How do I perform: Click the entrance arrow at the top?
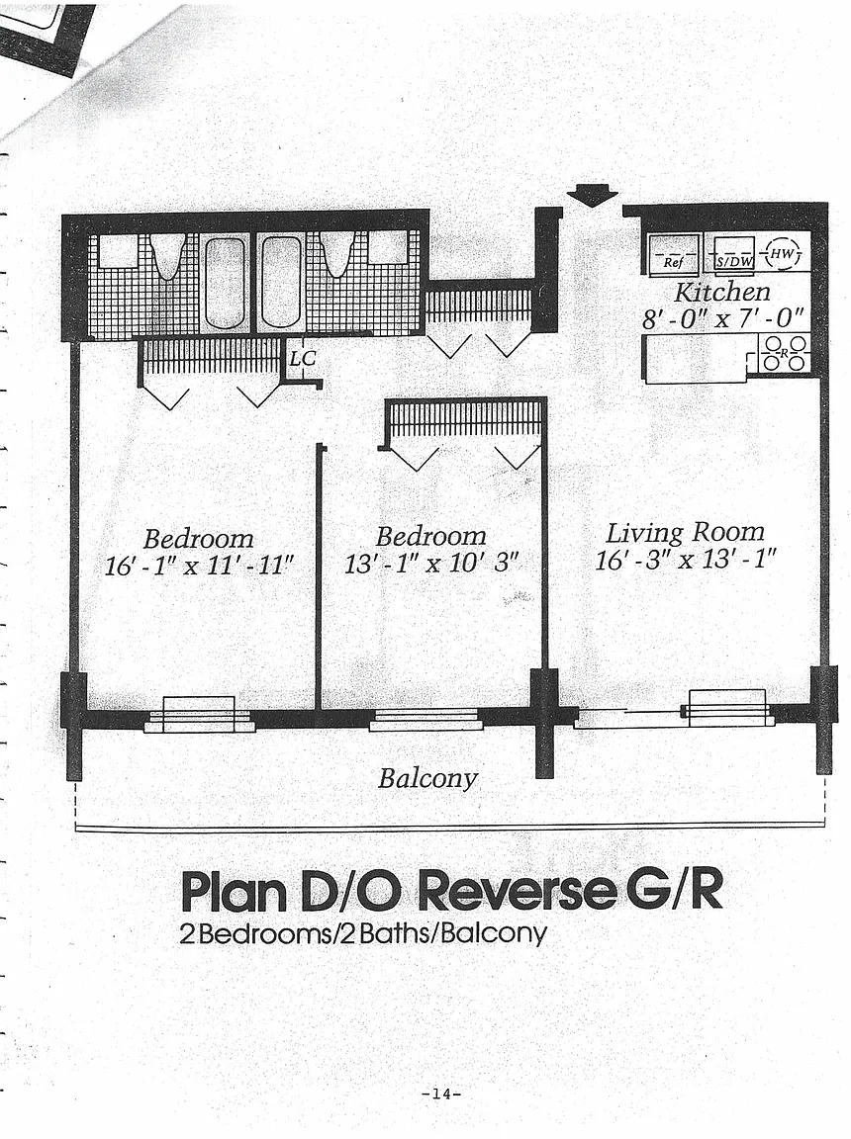click(592, 196)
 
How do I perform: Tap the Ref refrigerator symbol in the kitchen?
click(674, 253)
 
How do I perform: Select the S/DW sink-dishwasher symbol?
click(734, 253)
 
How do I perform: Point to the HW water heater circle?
click(784, 253)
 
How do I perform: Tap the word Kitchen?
click(721, 292)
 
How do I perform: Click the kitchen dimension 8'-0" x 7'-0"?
click(723, 318)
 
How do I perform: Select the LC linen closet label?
click(303, 358)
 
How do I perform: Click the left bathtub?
click(225, 284)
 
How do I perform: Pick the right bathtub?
click(280, 282)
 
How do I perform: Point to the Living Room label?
click(686, 533)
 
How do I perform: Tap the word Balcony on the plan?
click(427, 779)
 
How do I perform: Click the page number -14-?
click(442, 1094)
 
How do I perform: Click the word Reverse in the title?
click(515, 891)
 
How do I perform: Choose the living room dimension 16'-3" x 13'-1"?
click(686, 560)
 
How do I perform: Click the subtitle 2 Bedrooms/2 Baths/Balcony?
click(362, 932)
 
